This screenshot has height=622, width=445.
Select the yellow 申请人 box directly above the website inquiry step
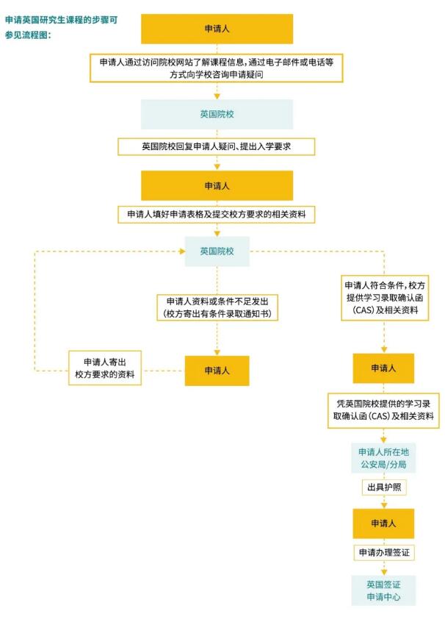click(x=217, y=29)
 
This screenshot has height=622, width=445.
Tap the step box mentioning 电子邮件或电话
click(x=217, y=68)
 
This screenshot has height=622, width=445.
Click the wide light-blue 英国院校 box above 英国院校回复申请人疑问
click(x=217, y=115)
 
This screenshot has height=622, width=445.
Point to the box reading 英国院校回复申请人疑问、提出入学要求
click(x=217, y=146)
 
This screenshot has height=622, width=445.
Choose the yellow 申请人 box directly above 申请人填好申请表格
click(x=217, y=185)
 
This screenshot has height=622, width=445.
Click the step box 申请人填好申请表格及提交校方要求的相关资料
click(x=217, y=214)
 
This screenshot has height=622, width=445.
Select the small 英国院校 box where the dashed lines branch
click(x=217, y=251)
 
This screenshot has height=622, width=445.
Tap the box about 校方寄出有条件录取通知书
click(x=217, y=307)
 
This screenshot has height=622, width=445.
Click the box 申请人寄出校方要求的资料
click(x=106, y=368)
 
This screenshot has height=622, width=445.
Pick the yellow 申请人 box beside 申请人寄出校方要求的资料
click(x=217, y=371)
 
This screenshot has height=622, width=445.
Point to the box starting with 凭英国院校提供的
click(x=383, y=410)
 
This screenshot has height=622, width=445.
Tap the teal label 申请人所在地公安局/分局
click(x=383, y=458)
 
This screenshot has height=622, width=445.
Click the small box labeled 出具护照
click(x=383, y=487)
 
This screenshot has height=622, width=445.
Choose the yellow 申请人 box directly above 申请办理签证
click(x=383, y=523)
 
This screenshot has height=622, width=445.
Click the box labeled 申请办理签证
click(x=383, y=551)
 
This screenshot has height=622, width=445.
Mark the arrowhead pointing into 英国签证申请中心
click(x=383, y=572)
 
